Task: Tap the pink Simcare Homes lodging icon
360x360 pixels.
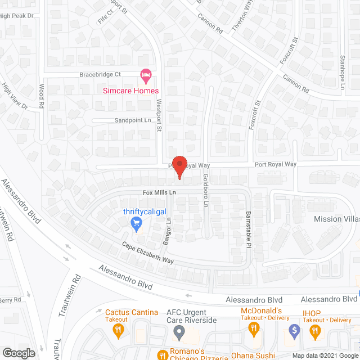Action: pyautogui.click(x=146, y=74)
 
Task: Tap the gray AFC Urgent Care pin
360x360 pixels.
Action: pyautogui.click(x=179, y=333)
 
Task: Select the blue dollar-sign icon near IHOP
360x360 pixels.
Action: pyautogui.click(x=293, y=330)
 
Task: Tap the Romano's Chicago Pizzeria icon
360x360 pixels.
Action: pyautogui.click(x=162, y=354)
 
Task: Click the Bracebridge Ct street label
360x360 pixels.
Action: pyautogui.click(x=100, y=74)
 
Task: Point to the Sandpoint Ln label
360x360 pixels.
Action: pyautogui.click(x=133, y=120)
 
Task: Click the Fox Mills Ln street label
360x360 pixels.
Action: pyautogui.click(x=159, y=193)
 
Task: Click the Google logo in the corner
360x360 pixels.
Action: pyautogui.click(x=18, y=353)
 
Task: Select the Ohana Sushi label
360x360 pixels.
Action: pyautogui.click(x=253, y=355)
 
